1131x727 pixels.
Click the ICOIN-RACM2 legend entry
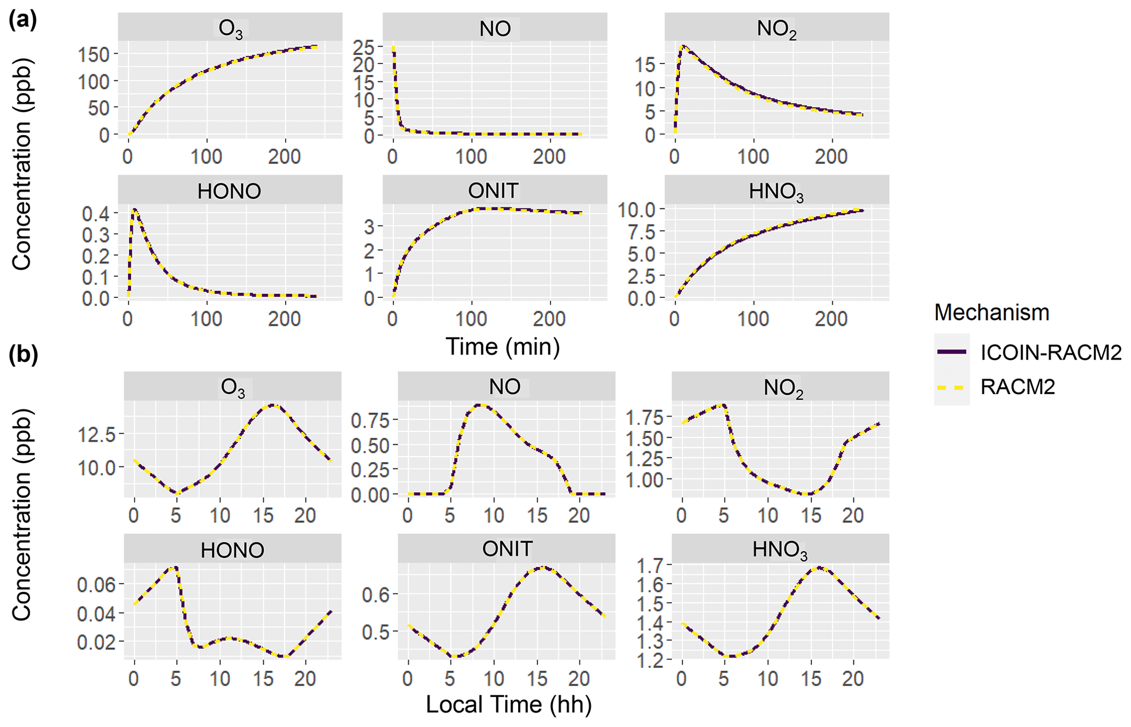1050,353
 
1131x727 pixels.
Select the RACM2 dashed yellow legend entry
1017,387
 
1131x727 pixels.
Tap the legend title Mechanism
991,313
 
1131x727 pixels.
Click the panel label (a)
22,20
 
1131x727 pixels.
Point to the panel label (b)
22,355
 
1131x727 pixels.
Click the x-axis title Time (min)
502,347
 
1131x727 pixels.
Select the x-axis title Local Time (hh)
508,705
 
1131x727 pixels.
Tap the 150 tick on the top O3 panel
94,55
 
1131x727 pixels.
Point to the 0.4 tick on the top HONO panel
96,214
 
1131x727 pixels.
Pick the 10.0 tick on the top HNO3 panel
636,209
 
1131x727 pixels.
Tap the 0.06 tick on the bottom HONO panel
96,585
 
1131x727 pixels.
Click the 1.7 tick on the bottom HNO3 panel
649,564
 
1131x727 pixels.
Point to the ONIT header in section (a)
494,191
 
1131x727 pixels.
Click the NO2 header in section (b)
783,387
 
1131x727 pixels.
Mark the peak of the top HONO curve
134,209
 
